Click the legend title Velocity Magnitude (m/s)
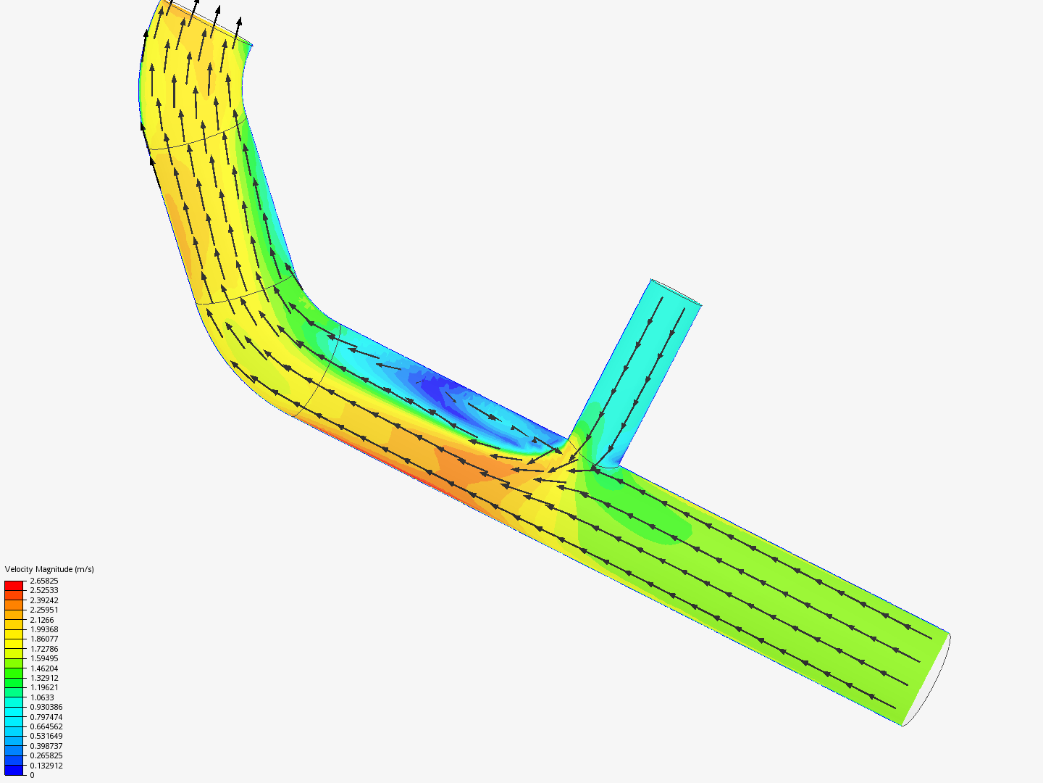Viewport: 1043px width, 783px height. [49, 569]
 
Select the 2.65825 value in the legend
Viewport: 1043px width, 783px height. [43, 581]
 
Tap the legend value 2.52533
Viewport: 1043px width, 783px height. [43, 590]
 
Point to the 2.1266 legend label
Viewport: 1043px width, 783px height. [42, 620]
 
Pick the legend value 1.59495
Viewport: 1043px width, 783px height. [43, 658]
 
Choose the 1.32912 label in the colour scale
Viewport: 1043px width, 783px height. [43, 678]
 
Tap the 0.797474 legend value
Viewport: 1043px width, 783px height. [46, 717]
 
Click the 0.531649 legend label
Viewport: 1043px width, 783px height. [46, 737]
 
